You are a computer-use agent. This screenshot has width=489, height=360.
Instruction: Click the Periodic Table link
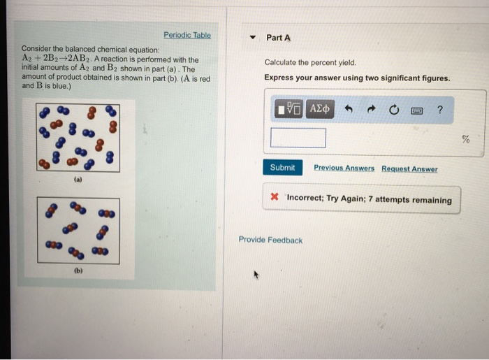click(x=187, y=35)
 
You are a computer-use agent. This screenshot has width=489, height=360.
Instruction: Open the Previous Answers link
click(x=344, y=168)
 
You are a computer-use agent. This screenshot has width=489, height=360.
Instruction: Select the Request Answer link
click(x=409, y=168)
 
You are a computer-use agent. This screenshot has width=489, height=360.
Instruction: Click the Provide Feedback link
click(x=270, y=240)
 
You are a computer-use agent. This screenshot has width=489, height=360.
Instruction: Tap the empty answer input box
click(x=298, y=138)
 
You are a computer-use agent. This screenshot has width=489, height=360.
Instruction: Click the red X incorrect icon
click(x=275, y=199)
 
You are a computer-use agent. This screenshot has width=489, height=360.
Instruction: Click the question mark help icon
click(x=439, y=109)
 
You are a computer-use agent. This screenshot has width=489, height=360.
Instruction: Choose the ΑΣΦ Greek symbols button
click(x=320, y=109)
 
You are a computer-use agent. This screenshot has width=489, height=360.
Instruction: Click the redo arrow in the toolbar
click(x=372, y=109)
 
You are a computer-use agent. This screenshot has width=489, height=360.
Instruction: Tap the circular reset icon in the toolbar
click(x=394, y=110)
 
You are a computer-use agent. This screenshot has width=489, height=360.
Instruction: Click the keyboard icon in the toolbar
click(x=417, y=110)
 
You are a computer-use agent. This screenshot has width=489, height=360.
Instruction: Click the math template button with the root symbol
click(x=289, y=109)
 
